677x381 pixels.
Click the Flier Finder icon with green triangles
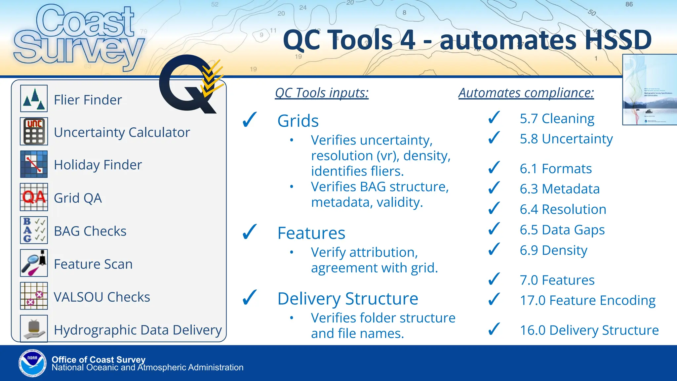coord(34,99)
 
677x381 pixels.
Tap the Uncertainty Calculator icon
coord(34,131)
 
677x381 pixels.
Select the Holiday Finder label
coord(98,165)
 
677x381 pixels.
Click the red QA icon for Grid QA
coord(34,197)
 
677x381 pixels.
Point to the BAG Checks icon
coord(34,230)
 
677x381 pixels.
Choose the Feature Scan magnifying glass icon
coord(34,263)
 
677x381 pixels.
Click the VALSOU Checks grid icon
coord(34,296)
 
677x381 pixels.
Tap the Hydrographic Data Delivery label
coord(138,330)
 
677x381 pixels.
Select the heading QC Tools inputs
coord(322,93)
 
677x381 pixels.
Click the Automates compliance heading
coord(526,93)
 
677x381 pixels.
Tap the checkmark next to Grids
coord(250,120)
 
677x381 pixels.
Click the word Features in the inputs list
coord(311,233)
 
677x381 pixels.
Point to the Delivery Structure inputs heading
coord(348,299)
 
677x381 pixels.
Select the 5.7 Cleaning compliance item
coord(557,118)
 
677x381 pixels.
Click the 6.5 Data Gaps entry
coord(562,230)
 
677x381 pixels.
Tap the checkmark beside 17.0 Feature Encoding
coord(494,300)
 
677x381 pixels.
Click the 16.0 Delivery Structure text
coord(589,330)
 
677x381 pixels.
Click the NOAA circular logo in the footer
coord(32,363)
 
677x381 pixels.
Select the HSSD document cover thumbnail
coord(650,90)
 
